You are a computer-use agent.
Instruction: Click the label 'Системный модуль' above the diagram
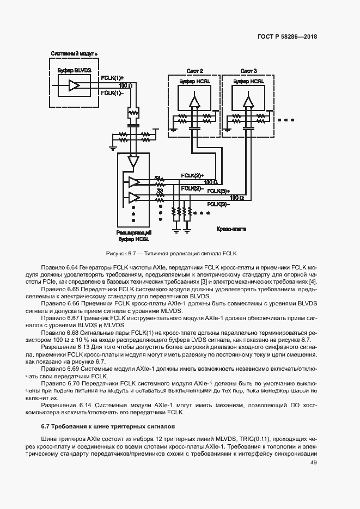(x=74, y=54)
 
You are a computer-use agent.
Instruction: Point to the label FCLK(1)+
(x=112, y=78)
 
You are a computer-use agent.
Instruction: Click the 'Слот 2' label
(x=194, y=71)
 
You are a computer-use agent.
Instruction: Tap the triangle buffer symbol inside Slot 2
(x=194, y=101)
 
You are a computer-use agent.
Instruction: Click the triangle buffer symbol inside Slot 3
(x=248, y=101)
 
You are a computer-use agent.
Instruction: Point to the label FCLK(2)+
(x=192, y=175)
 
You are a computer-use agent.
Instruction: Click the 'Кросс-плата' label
(x=231, y=229)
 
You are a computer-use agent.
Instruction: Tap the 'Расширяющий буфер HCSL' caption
(x=134, y=235)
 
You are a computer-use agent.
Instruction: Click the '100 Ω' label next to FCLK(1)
(x=125, y=86)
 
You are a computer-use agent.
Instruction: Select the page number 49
(x=313, y=463)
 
